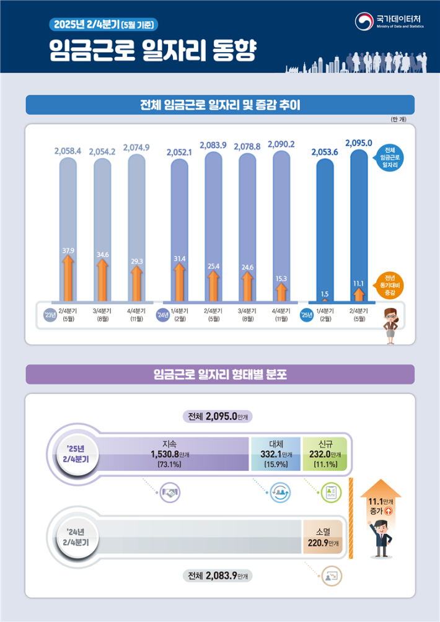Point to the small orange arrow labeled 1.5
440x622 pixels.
tap(324, 297)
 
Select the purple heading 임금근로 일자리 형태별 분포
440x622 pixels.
tap(219, 374)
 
